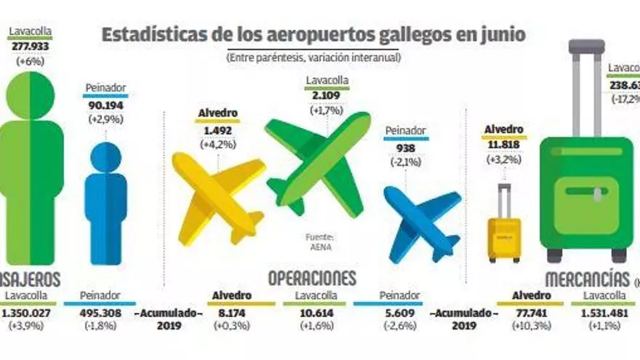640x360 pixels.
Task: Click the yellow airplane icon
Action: pos(216,196)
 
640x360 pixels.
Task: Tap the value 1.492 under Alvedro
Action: pos(218,132)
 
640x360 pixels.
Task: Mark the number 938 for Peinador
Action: pos(405,148)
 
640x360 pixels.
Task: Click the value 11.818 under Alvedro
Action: pos(505,143)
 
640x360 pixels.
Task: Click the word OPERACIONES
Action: pos(312,278)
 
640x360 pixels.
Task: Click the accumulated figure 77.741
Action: pos(529,313)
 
